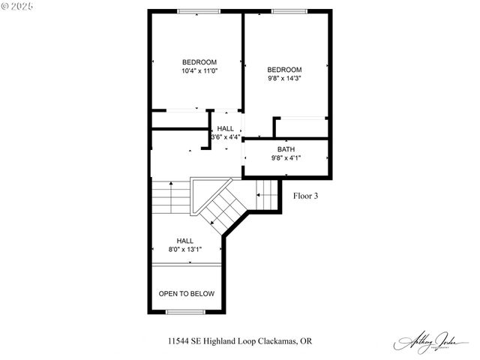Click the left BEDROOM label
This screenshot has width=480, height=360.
coord(199,61)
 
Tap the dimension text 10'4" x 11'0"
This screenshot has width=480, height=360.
coord(199,71)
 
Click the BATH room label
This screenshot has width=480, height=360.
coord(286,149)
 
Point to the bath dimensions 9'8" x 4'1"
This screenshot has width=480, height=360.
coord(286,158)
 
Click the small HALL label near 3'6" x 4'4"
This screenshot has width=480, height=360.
coord(226,129)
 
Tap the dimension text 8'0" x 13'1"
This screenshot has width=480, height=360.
coord(186,249)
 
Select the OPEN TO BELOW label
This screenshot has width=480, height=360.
coord(186,293)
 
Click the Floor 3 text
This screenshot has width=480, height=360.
coord(305,196)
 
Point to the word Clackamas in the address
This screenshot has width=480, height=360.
coord(277,340)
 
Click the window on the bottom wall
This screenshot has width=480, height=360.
coord(185,311)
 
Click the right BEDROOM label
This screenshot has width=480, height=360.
coord(285,69)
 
